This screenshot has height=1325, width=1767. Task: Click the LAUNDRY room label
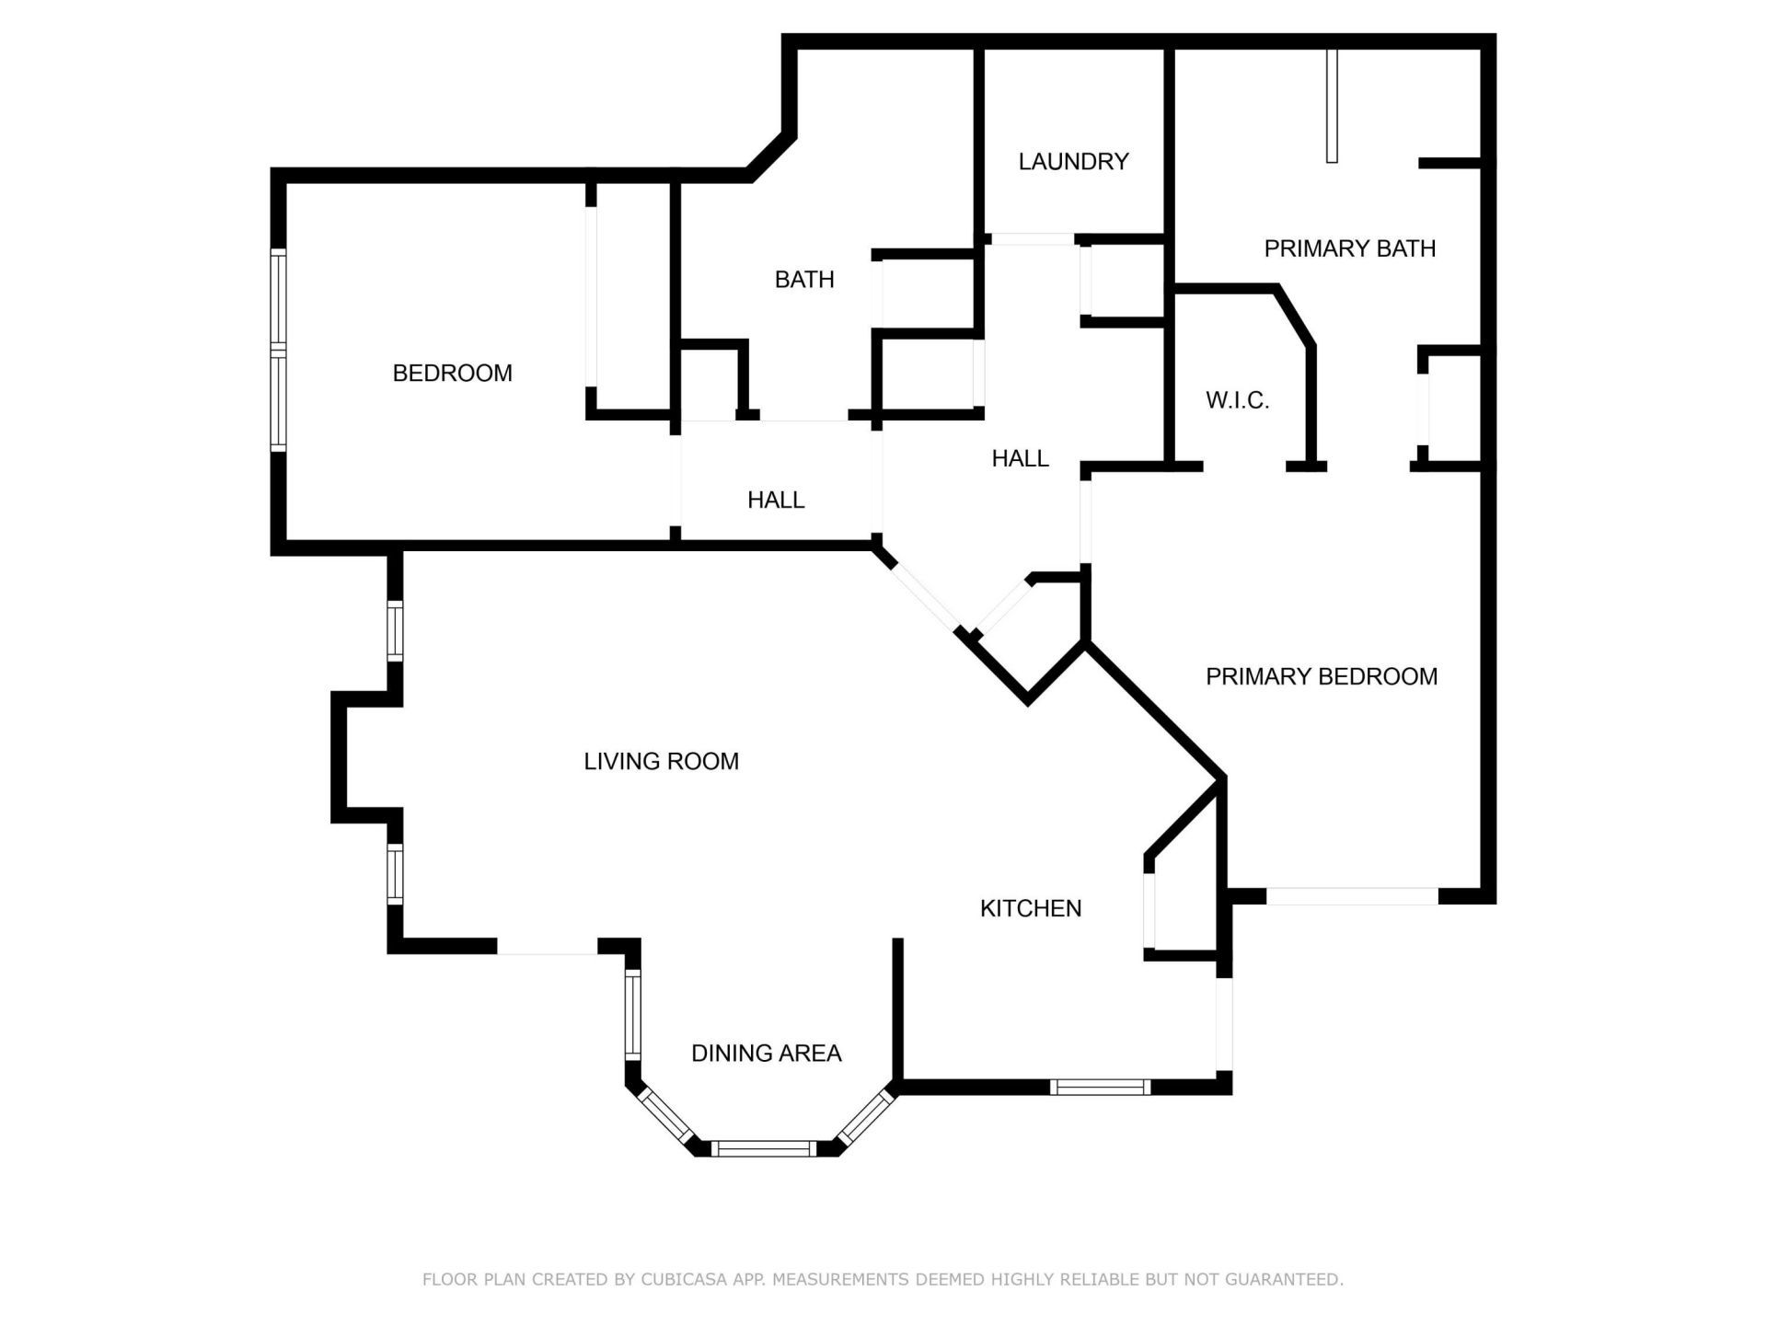1073,162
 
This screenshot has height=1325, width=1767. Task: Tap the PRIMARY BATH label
1349,248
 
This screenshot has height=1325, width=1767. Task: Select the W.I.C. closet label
1237,400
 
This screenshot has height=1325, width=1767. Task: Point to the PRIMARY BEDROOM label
1321,676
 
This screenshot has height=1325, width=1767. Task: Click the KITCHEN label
1030,908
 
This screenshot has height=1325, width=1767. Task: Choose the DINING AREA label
766,1053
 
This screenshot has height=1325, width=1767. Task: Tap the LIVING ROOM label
661,761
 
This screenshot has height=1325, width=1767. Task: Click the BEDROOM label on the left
452,373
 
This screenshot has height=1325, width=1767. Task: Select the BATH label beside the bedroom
803,280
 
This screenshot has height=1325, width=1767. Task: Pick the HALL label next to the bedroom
776,500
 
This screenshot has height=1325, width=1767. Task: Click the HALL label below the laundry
1020,458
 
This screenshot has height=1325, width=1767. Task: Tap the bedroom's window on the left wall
278,350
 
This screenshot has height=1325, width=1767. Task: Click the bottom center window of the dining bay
765,1147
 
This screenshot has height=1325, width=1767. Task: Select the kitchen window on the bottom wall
1100,1087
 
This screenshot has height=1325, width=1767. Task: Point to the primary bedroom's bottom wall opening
1352,895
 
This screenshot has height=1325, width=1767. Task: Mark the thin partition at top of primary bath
1331,106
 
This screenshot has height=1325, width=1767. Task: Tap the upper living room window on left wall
395,630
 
